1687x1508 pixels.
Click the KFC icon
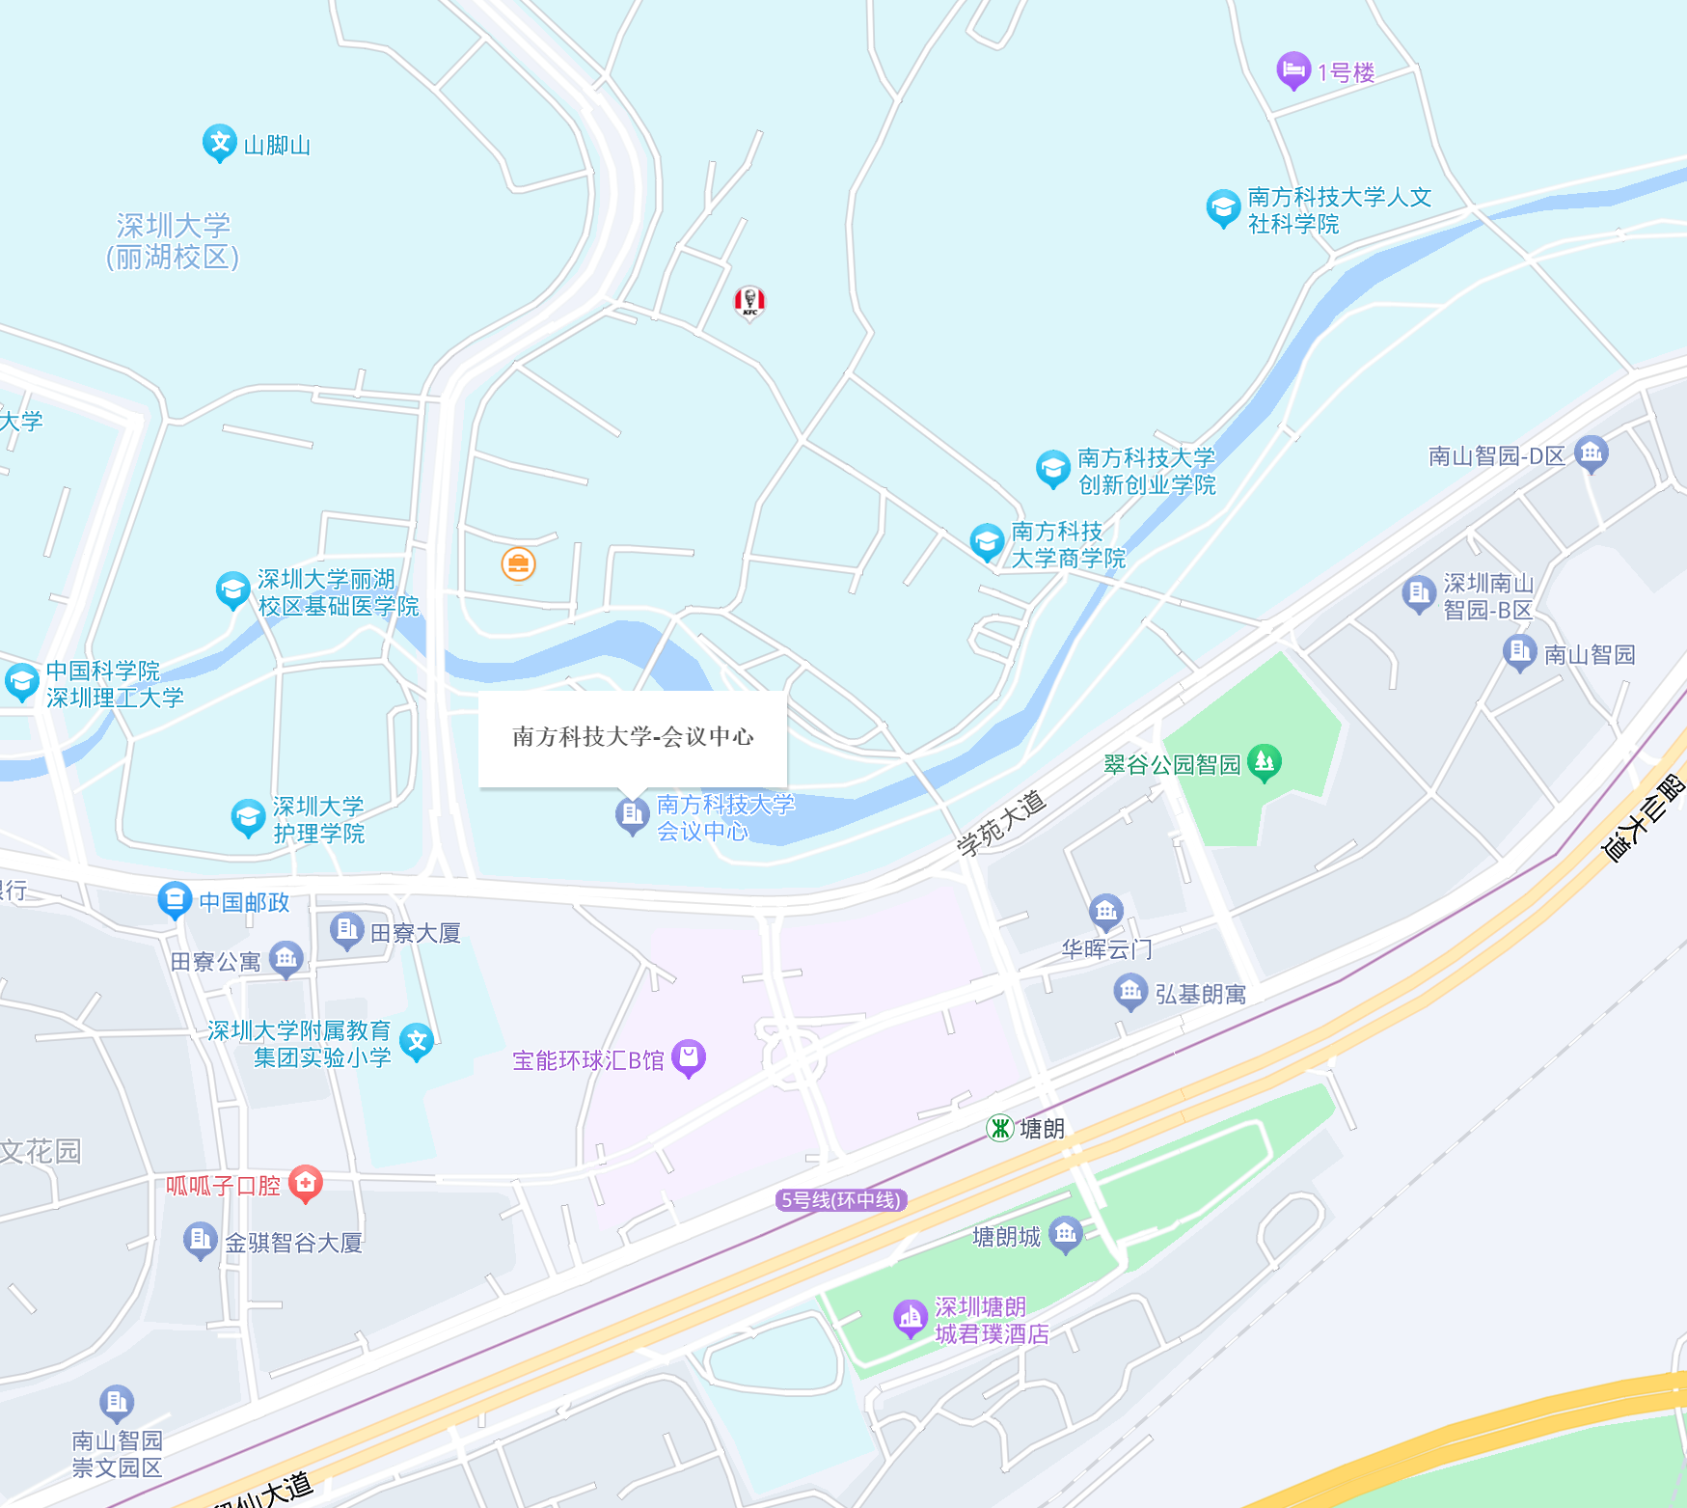pyautogui.click(x=749, y=301)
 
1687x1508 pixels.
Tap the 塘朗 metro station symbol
pyautogui.click(x=1000, y=1127)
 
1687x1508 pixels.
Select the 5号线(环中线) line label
pyautogui.click(x=841, y=1200)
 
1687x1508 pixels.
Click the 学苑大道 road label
pyautogui.click(x=1001, y=823)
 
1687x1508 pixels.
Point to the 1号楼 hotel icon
pyautogui.click(x=1292, y=69)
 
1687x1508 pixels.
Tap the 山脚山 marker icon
pyautogui.click(x=220, y=143)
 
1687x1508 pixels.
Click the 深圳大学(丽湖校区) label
pyautogui.click(x=173, y=241)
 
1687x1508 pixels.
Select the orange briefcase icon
pyautogui.click(x=518, y=564)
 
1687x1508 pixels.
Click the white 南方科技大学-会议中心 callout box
pyautogui.click(x=633, y=737)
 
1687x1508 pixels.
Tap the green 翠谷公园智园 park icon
pyautogui.click(x=1264, y=762)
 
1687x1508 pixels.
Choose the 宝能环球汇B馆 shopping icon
pyautogui.click(x=689, y=1057)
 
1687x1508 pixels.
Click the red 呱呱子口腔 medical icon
pyautogui.click(x=306, y=1183)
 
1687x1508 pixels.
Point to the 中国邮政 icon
pyautogui.click(x=175, y=900)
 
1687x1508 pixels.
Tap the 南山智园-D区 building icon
pyautogui.click(x=1591, y=452)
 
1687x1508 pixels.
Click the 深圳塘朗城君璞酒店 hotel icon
pyautogui.click(x=910, y=1317)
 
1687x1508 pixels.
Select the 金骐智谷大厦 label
pyautogui.click(x=293, y=1243)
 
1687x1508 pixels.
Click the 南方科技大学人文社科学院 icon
pyautogui.click(x=1223, y=207)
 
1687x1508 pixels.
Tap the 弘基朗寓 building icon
pyautogui.click(x=1129, y=991)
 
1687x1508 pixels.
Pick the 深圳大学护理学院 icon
pyautogui.click(x=248, y=817)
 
